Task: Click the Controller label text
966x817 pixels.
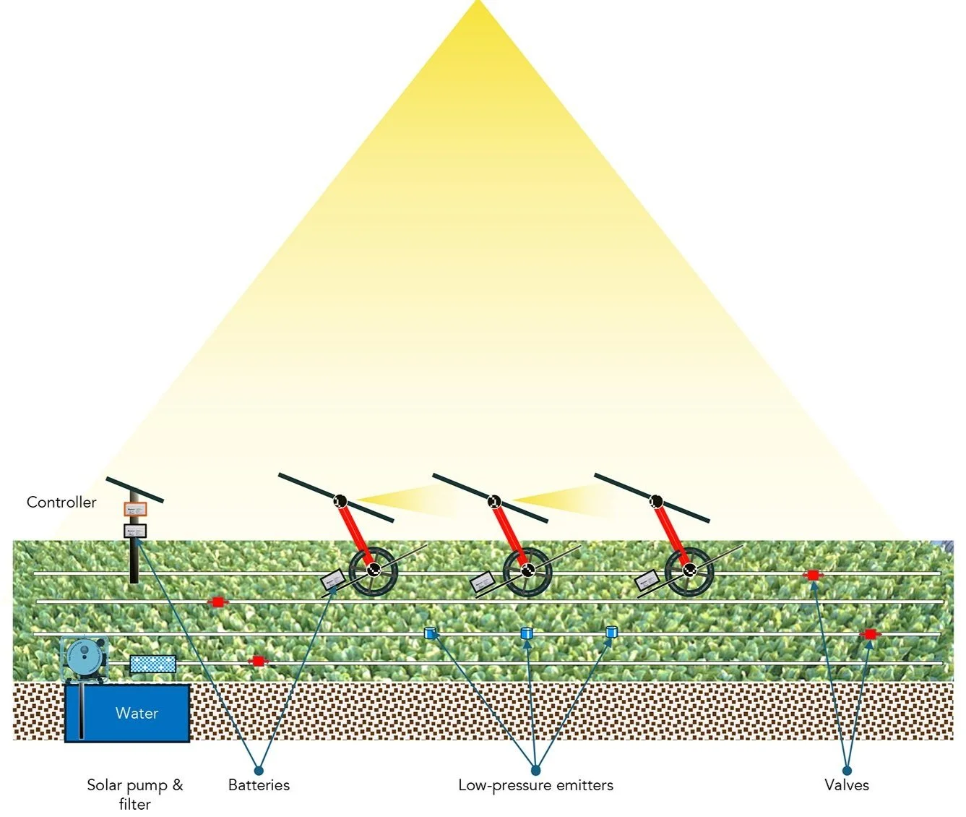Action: pyautogui.click(x=61, y=502)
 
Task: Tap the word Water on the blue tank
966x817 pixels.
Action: pyautogui.click(x=137, y=713)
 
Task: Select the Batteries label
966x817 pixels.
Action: pyautogui.click(x=259, y=785)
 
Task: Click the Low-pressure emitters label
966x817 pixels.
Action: pyautogui.click(x=535, y=785)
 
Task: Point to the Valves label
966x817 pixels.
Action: pyautogui.click(x=847, y=785)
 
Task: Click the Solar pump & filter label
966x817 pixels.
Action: pyautogui.click(x=135, y=794)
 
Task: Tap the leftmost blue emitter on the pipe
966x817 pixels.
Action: pyautogui.click(x=431, y=633)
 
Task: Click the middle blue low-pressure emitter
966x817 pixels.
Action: pyautogui.click(x=527, y=633)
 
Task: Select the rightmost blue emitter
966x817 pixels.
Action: pyautogui.click(x=612, y=632)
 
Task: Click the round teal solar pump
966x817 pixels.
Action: pyautogui.click(x=85, y=655)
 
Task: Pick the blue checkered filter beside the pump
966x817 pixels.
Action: pyautogui.click(x=152, y=663)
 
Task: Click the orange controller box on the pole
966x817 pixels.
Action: pyautogui.click(x=135, y=509)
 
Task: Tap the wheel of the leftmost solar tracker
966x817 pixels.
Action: pyautogui.click(x=373, y=571)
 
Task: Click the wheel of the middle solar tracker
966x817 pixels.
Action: pyautogui.click(x=527, y=571)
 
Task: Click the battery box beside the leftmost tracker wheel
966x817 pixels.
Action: pyautogui.click(x=334, y=580)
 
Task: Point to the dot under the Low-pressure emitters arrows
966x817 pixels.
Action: pyautogui.click(x=535, y=771)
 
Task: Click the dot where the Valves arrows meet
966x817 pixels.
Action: pyautogui.click(x=847, y=771)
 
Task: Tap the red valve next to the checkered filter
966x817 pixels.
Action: pyautogui.click(x=257, y=661)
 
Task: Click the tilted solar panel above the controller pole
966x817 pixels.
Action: pyautogui.click(x=135, y=489)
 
